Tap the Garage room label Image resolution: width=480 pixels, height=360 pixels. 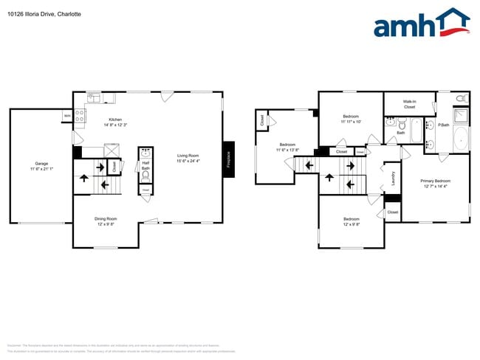coord(41,164)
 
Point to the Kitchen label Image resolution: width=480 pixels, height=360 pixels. coord(115,120)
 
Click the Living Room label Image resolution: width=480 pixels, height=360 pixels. coord(188,155)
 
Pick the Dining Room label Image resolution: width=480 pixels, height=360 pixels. coord(105,218)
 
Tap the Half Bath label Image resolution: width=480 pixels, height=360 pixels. coord(145,166)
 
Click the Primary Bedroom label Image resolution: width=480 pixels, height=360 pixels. coord(435,181)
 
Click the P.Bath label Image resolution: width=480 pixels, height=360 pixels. coord(444,125)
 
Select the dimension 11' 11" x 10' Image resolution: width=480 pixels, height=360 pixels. coord(351,122)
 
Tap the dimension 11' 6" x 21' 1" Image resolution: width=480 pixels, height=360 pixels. coord(41,169)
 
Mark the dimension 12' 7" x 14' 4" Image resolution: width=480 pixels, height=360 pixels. coord(435,186)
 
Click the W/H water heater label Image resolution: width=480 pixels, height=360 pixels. coord(67,115)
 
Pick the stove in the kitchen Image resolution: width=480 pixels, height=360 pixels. coord(80,115)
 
